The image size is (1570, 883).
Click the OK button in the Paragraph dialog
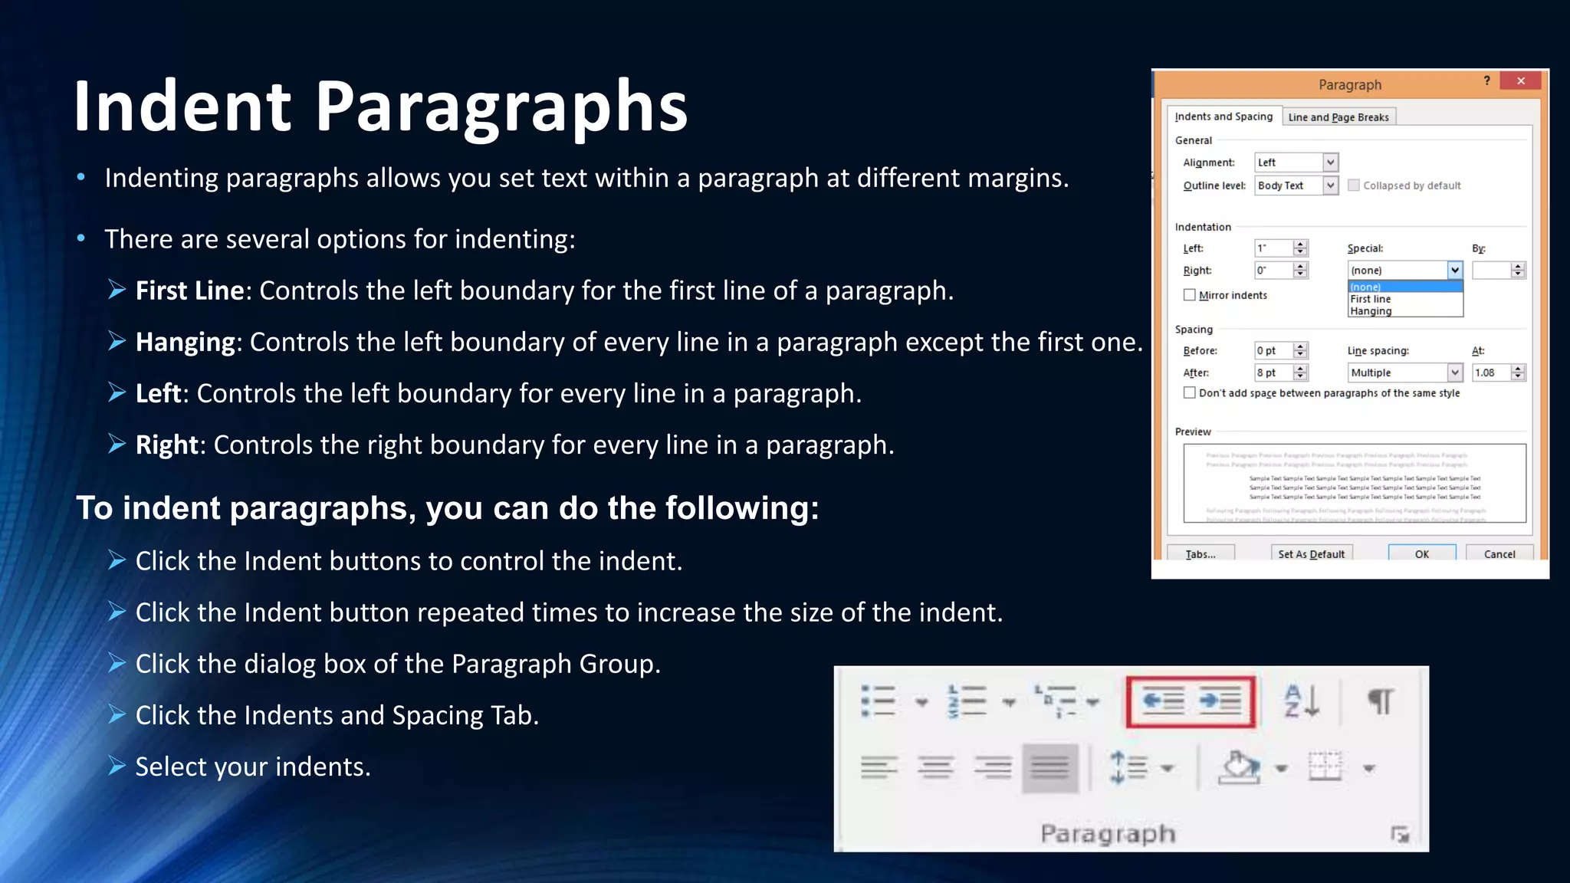(1421, 553)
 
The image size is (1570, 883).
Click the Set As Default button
(1311, 553)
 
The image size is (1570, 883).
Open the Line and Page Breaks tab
(1338, 117)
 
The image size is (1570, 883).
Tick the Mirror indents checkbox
(1190, 295)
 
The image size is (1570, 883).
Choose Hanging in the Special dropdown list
(1371, 311)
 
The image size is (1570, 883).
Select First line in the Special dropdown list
(1371, 299)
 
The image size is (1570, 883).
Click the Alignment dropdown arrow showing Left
(1330, 162)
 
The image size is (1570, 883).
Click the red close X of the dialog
(1521, 80)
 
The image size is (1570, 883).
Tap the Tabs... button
(1200, 553)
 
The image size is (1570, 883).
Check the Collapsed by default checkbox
(1354, 185)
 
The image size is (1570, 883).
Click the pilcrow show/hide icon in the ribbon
(1381, 701)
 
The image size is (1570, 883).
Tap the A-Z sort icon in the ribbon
(1302, 701)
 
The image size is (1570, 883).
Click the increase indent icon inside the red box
(1220, 701)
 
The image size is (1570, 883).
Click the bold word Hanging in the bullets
(185, 342)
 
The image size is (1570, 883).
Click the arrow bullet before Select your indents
(117, 766)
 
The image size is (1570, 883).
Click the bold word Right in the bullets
(166, 445)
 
